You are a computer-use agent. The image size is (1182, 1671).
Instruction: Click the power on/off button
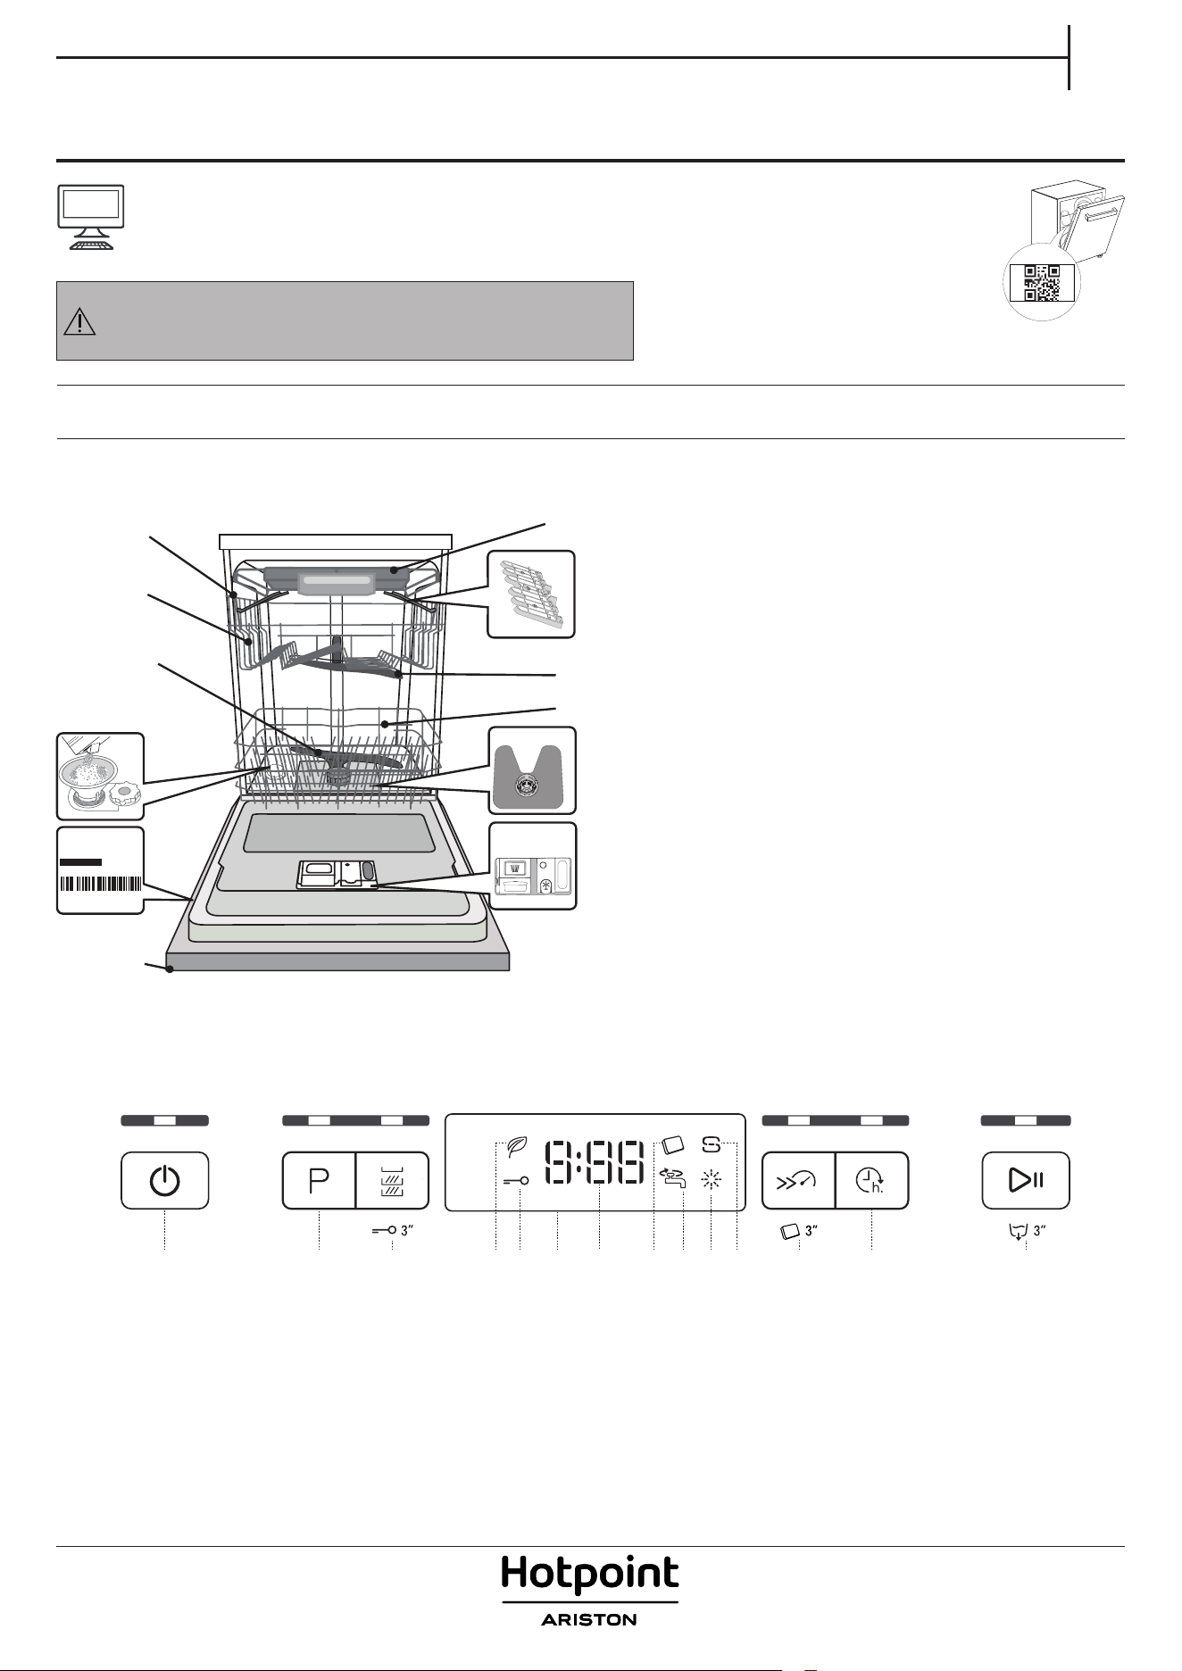[165, 1180]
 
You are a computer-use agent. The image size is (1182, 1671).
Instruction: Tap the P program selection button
[319, 1180]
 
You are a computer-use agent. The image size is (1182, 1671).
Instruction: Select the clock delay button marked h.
[871, 1180]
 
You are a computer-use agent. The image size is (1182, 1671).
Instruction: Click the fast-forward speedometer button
[798, 1180]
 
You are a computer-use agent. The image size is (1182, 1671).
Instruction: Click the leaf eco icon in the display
[517, 1147]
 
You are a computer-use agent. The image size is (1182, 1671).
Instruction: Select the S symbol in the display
[712, 1143]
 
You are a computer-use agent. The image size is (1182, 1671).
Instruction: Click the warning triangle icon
[80, 321]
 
